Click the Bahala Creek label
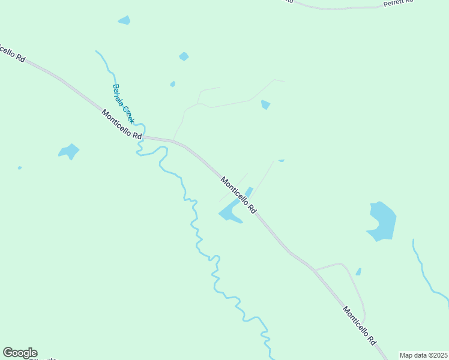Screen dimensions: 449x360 [122, 104]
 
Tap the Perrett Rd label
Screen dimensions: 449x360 [399, 3]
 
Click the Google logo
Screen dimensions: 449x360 [20, 353]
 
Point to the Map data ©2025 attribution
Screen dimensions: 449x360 [423, 355]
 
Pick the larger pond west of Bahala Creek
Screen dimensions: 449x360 [70, 151]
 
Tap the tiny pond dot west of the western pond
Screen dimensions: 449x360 [20, 168]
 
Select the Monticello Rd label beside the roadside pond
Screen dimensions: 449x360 [238, 195]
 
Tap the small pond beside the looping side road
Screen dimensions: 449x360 [358, 272]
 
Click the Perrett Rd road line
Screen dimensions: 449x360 [336, 8]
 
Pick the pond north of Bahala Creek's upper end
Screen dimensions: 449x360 [124, 20]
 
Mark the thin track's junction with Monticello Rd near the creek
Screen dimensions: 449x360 [173, 141]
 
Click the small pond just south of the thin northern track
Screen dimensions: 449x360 [265, 105]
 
